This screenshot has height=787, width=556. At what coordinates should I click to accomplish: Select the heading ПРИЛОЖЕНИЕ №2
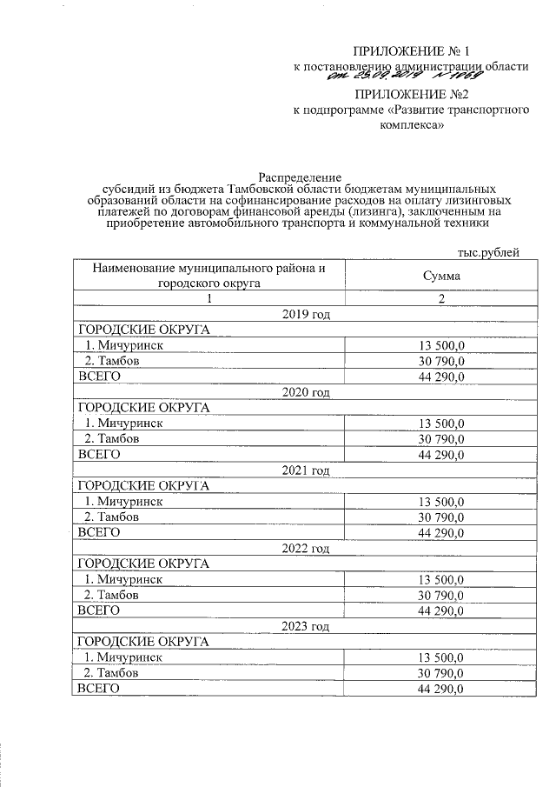pyautogui.click(x=413, y=94)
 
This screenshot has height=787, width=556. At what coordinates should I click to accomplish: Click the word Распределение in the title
pyautogui.click(x=300, y=177)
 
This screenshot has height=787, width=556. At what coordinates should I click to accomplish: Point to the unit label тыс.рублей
pyautogui.click(x=487, y=252)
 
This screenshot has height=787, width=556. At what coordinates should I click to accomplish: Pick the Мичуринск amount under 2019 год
pyautogui.click(x=442, y=345)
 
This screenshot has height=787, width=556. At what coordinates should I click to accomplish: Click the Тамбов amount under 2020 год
pyautogui.click(x=442, y=439)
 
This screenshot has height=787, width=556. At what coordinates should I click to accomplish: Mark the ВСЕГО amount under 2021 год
pyautogui.click(x=442, y=532)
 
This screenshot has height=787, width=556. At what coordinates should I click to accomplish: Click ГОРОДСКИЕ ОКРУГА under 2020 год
pyautogui.click(x=144, y=407)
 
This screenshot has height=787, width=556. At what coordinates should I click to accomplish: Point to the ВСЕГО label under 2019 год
pyautogui.click(x=98, y=377)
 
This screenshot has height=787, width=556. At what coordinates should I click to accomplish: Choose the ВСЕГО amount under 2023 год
pyautogui.click(x=442, y=689)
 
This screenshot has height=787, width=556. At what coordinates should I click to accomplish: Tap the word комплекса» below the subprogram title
pyautogui.click(x=413, y=124)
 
